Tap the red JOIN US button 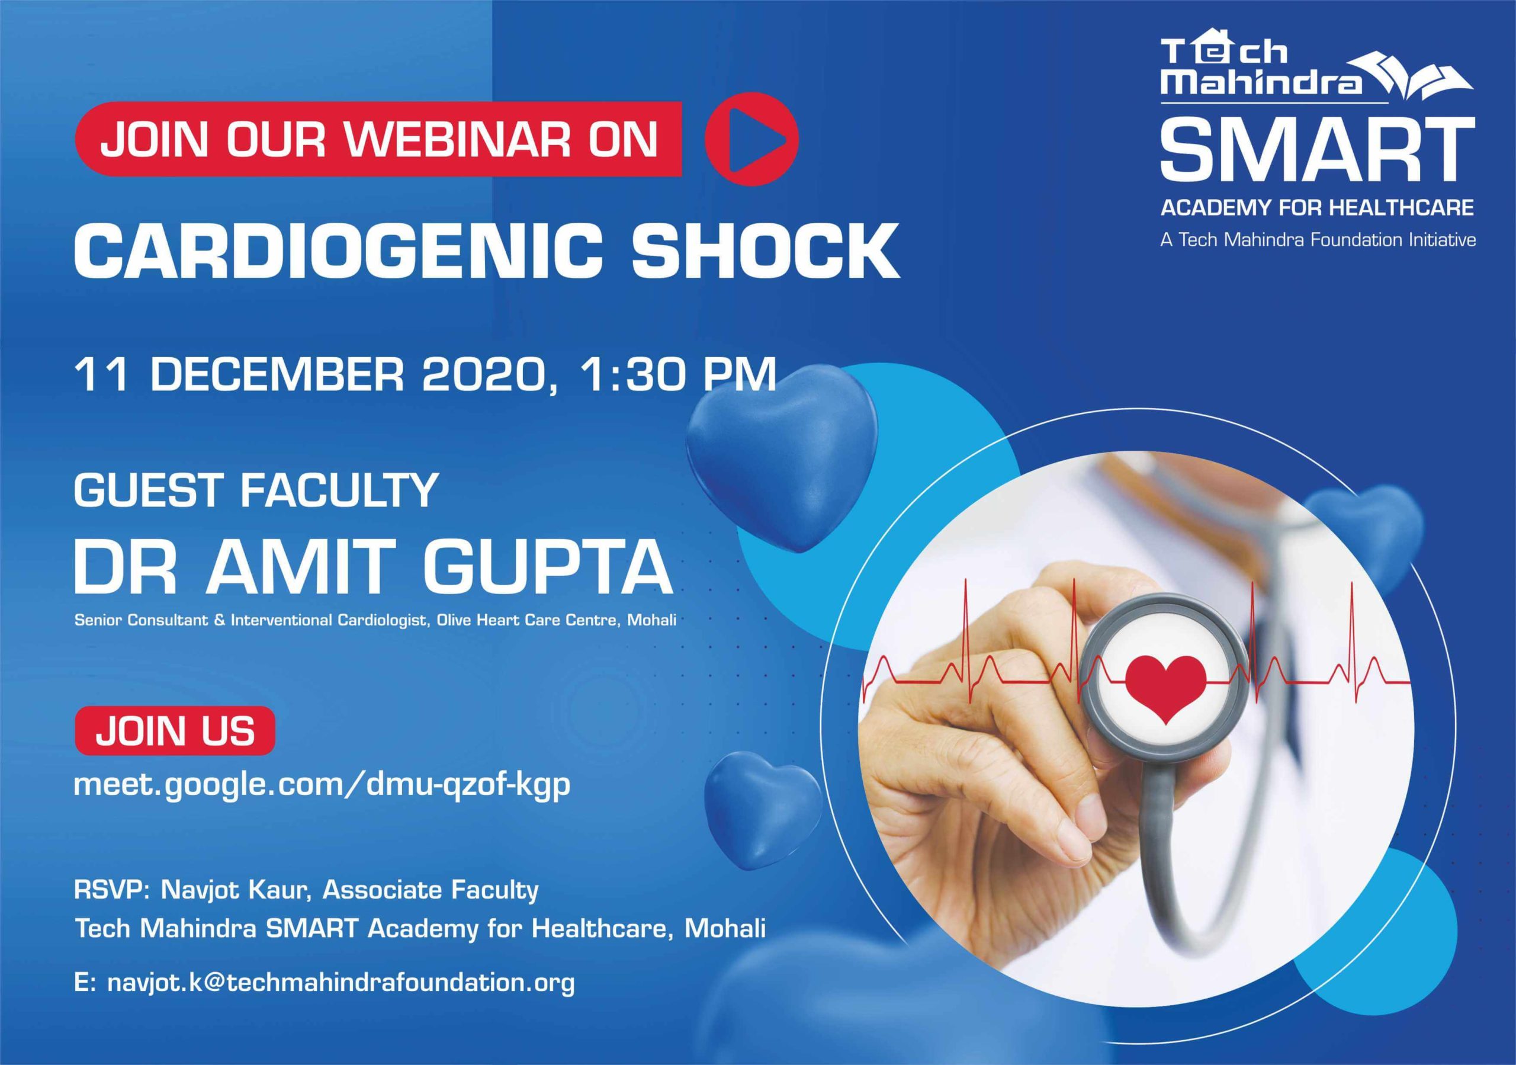tap(175, 731)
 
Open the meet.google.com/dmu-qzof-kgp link tap(322, 787)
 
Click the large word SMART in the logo tap(1317, 153)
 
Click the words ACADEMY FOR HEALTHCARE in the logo tap(1317, 208)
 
